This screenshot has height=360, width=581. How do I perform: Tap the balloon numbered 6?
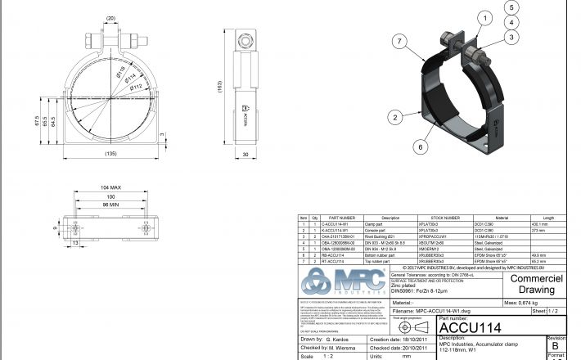pos(421,146)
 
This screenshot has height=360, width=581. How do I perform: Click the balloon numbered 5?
pos(511,7)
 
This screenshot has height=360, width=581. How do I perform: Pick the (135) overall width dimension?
pos(110,153)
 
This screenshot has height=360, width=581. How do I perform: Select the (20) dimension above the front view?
pos(110,17)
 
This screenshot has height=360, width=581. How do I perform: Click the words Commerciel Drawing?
pos(533,283)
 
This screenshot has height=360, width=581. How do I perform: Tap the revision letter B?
pos(556,345)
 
